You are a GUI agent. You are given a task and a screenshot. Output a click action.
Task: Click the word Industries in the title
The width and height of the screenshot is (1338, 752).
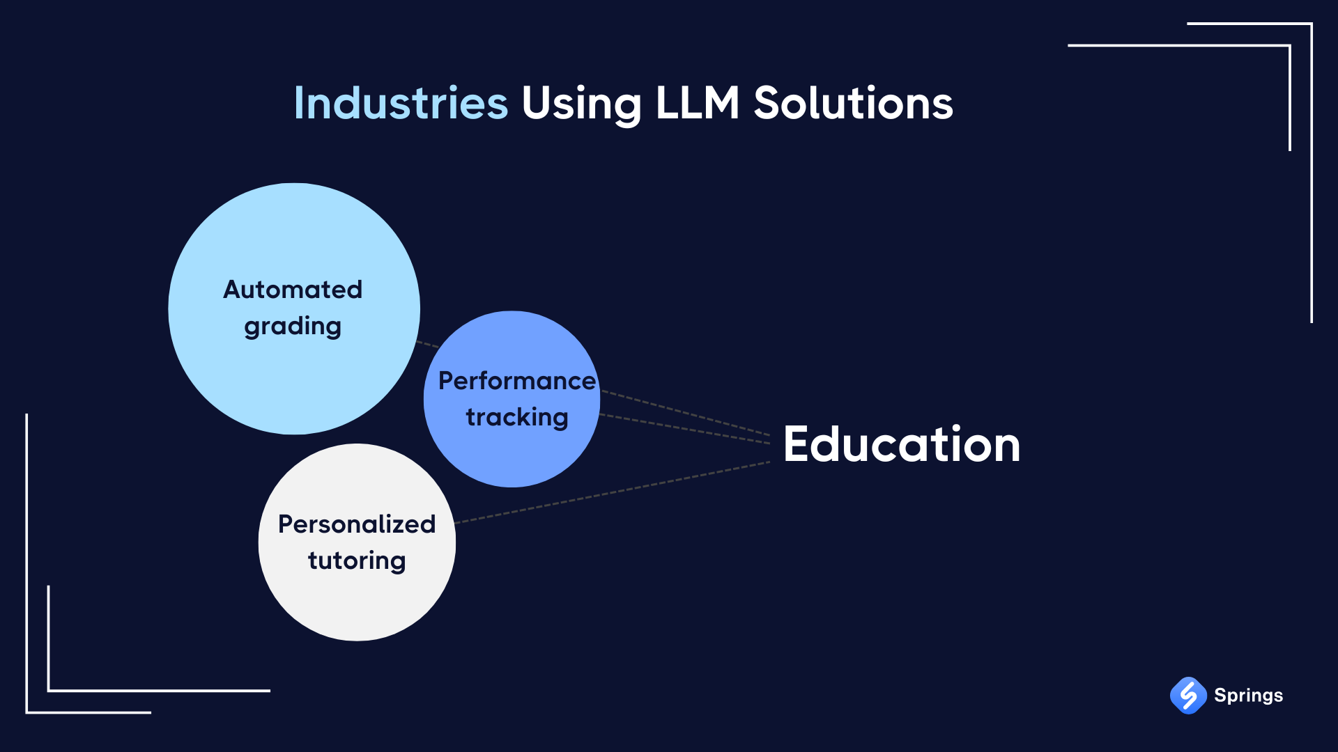click(x=401, y=103)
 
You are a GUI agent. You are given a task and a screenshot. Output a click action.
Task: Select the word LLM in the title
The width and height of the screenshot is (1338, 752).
click(x=697, y=103)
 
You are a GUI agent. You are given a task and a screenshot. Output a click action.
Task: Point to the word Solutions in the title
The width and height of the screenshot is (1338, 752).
click(x=853, y=103)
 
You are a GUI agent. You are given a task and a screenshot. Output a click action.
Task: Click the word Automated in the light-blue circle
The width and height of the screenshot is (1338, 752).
click(x=293, y=289)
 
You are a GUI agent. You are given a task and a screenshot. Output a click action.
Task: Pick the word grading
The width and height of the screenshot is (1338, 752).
click(x=293, y=327)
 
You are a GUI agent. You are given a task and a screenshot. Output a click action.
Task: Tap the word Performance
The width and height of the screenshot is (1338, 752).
click(x=517, y=381)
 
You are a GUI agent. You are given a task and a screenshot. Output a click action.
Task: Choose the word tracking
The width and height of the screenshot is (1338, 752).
click(x=517, y=418)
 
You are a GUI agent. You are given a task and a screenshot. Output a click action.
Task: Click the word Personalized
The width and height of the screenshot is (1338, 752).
click(x=357, y=524)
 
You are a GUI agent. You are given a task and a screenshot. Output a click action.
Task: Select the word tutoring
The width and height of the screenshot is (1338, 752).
click(x=357, y=561)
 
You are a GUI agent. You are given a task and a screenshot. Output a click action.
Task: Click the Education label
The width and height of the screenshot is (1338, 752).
click(x=902, y=444)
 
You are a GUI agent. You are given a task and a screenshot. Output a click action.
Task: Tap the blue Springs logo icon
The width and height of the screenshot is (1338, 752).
click(x=1188, y=695)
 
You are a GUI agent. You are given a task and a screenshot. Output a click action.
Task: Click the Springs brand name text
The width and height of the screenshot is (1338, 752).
click(x=1248, y=696)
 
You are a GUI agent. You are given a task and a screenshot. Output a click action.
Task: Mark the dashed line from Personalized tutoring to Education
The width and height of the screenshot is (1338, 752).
click(x=613, y=492)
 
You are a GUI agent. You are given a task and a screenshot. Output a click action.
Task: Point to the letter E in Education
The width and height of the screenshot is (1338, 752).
click(x=797, y=444)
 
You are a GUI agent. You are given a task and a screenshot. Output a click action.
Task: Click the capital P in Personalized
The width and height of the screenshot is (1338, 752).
click(x=286, y=524)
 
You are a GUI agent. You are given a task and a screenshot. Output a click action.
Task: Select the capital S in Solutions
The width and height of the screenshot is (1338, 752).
click(x=768, y=103)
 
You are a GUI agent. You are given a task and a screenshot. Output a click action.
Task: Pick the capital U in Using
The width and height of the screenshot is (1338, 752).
click(x=537, y=104)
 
